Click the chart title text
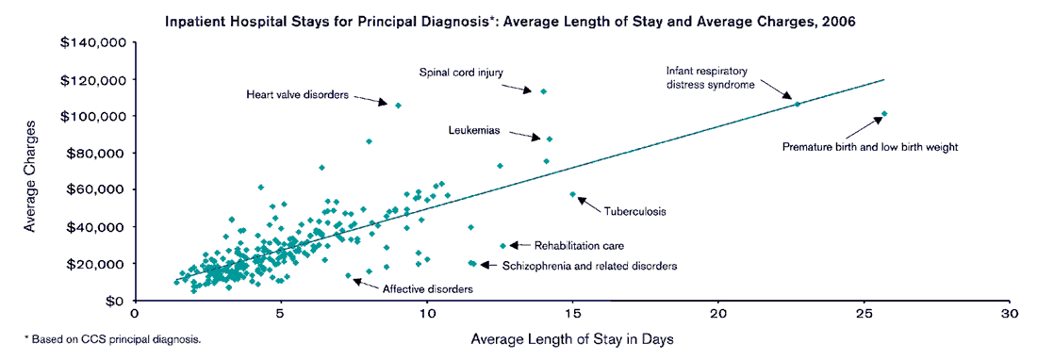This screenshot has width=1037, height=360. [x=510, y=21]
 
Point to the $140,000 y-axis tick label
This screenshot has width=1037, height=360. [x=93, y=42]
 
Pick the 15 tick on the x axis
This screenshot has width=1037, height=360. [x=573, y=313]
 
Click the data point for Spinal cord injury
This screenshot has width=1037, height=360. [x=543, y=91]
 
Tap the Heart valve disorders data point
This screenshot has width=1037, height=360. [x=398, y=106]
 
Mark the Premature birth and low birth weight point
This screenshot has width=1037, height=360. [x=884, y=114]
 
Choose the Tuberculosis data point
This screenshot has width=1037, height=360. [x=572, y=194]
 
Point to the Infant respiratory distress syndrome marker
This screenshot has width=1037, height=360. [x=798, y=104]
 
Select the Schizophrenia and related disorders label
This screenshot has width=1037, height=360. [x=590, y=267]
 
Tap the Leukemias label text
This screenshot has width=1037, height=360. [x=473, y=131]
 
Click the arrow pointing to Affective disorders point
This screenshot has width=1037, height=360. [x=368, y=284]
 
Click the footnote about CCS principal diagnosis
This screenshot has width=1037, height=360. [x=113, y=337]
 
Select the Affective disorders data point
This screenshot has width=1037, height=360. [x=348, y=276]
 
